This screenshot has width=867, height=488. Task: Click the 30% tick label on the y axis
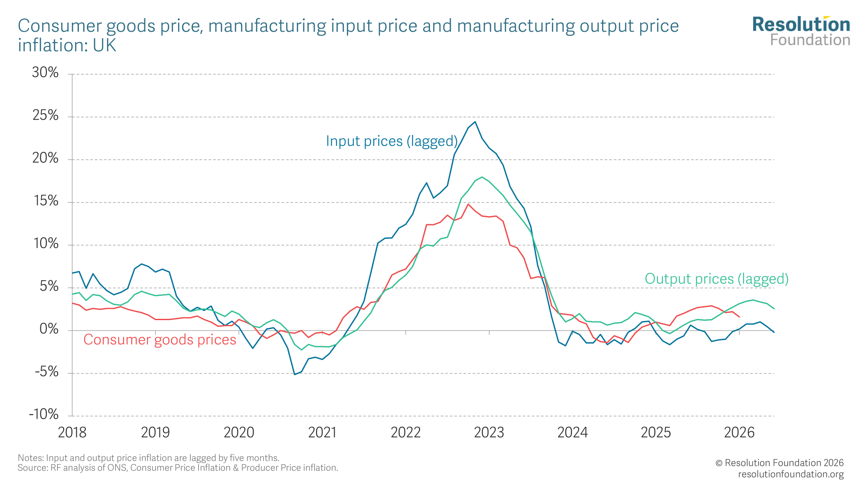pyautogui.click(x=45, y=72)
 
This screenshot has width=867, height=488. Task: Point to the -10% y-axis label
pyautogui.click(x=44, y=414)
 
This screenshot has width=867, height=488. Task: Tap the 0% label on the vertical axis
pyautogui.click(x=49, y=329)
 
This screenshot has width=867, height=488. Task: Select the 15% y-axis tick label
pyautogui.click(x=46, y=201)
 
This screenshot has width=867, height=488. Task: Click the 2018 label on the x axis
pyautogui.click(x=72, y=432)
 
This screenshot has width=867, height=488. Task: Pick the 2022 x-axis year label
pyautogui.click(x=406, y=432)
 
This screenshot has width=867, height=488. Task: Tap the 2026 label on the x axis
pyautogui.click(x=739, y=432)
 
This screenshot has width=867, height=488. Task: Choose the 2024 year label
pyautogui.click(x=572, y=432)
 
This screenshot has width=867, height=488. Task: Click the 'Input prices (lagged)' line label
pyautogui.click(x=392, y=141)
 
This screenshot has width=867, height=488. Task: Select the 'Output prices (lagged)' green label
pyautogui.click(x=716, y=278)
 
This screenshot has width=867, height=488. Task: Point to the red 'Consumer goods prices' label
pyautogui.click(x=160, y=340)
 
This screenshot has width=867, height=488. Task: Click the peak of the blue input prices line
pyautogui.click(x=475, y=121)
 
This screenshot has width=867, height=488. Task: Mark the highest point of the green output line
pyautogui.click(x=482, y=177)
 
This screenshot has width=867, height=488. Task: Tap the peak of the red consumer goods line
pyautogui.click(x=468, y=204)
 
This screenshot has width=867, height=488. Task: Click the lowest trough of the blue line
pyautogui.click(x=295, y=374)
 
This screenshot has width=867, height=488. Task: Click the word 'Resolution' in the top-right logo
pyautogui.click(x=801, y=25)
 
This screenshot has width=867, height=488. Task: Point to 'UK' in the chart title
pyautogui.click(x=104, y=46)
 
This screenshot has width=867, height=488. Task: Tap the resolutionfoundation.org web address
pyautogui.click(x=791, y=474)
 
